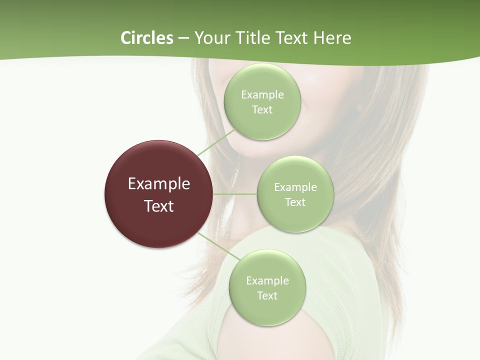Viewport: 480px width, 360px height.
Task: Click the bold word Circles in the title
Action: coord(146,38)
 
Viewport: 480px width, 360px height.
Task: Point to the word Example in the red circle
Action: coord(159,184)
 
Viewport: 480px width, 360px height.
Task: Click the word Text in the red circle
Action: coord(159,206)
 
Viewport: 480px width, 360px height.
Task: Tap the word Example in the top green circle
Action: coord(262,95)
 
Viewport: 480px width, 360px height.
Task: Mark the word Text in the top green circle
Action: coord(262,110)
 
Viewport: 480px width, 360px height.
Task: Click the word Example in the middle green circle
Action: coord(295,187)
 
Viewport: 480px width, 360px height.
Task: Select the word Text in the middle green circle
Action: coord(295,202)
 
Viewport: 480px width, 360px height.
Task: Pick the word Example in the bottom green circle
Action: coord(267,281)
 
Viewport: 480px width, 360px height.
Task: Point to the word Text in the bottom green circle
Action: coord(267,296)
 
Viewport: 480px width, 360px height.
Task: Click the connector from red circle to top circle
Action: coord(216,142)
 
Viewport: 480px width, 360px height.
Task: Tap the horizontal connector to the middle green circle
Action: coord(235,194)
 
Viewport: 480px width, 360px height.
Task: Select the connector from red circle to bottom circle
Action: coord(219,248)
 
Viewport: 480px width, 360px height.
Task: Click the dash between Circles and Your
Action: coord(183,38)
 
